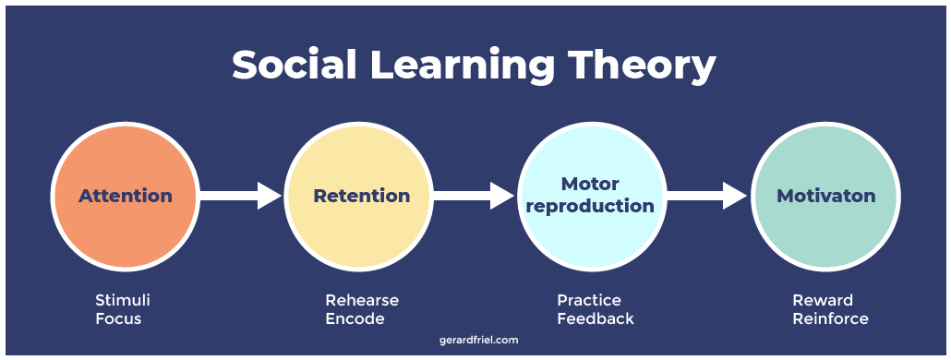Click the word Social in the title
pyautogui.click(x=291, y=66)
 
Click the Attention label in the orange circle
pyautogui.click(x=126, y=196)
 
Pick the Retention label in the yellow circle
pyautogui.click(x=361, y=196)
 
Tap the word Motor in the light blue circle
pyautogui.click(x=590, y=184)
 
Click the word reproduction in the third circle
pyautogui.click(x=590, y=206)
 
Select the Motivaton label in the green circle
pyautogui.click(x=825, y=196)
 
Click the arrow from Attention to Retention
pyautogui.click(x=240, y=196)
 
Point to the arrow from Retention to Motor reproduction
pyautogui.click(x=473, y=196)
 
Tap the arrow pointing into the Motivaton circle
pyautogui.click(x=706, y=196)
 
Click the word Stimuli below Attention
pyautogui.click(x=122, y=300)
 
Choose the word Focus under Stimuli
pyautogui.click(x=118, y=318)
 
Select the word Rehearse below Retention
pyautogui.click(x=362, y=300)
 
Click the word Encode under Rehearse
pyautogui.click(x=355, y=318)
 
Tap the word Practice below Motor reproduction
pyautogui.click(x=589, y=300)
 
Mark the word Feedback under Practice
pyautogui.click(x=596, y=318)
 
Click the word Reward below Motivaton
pyautogui.click(x=823, y=300)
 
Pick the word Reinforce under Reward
pyautogui.click(x=830, y=318)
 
